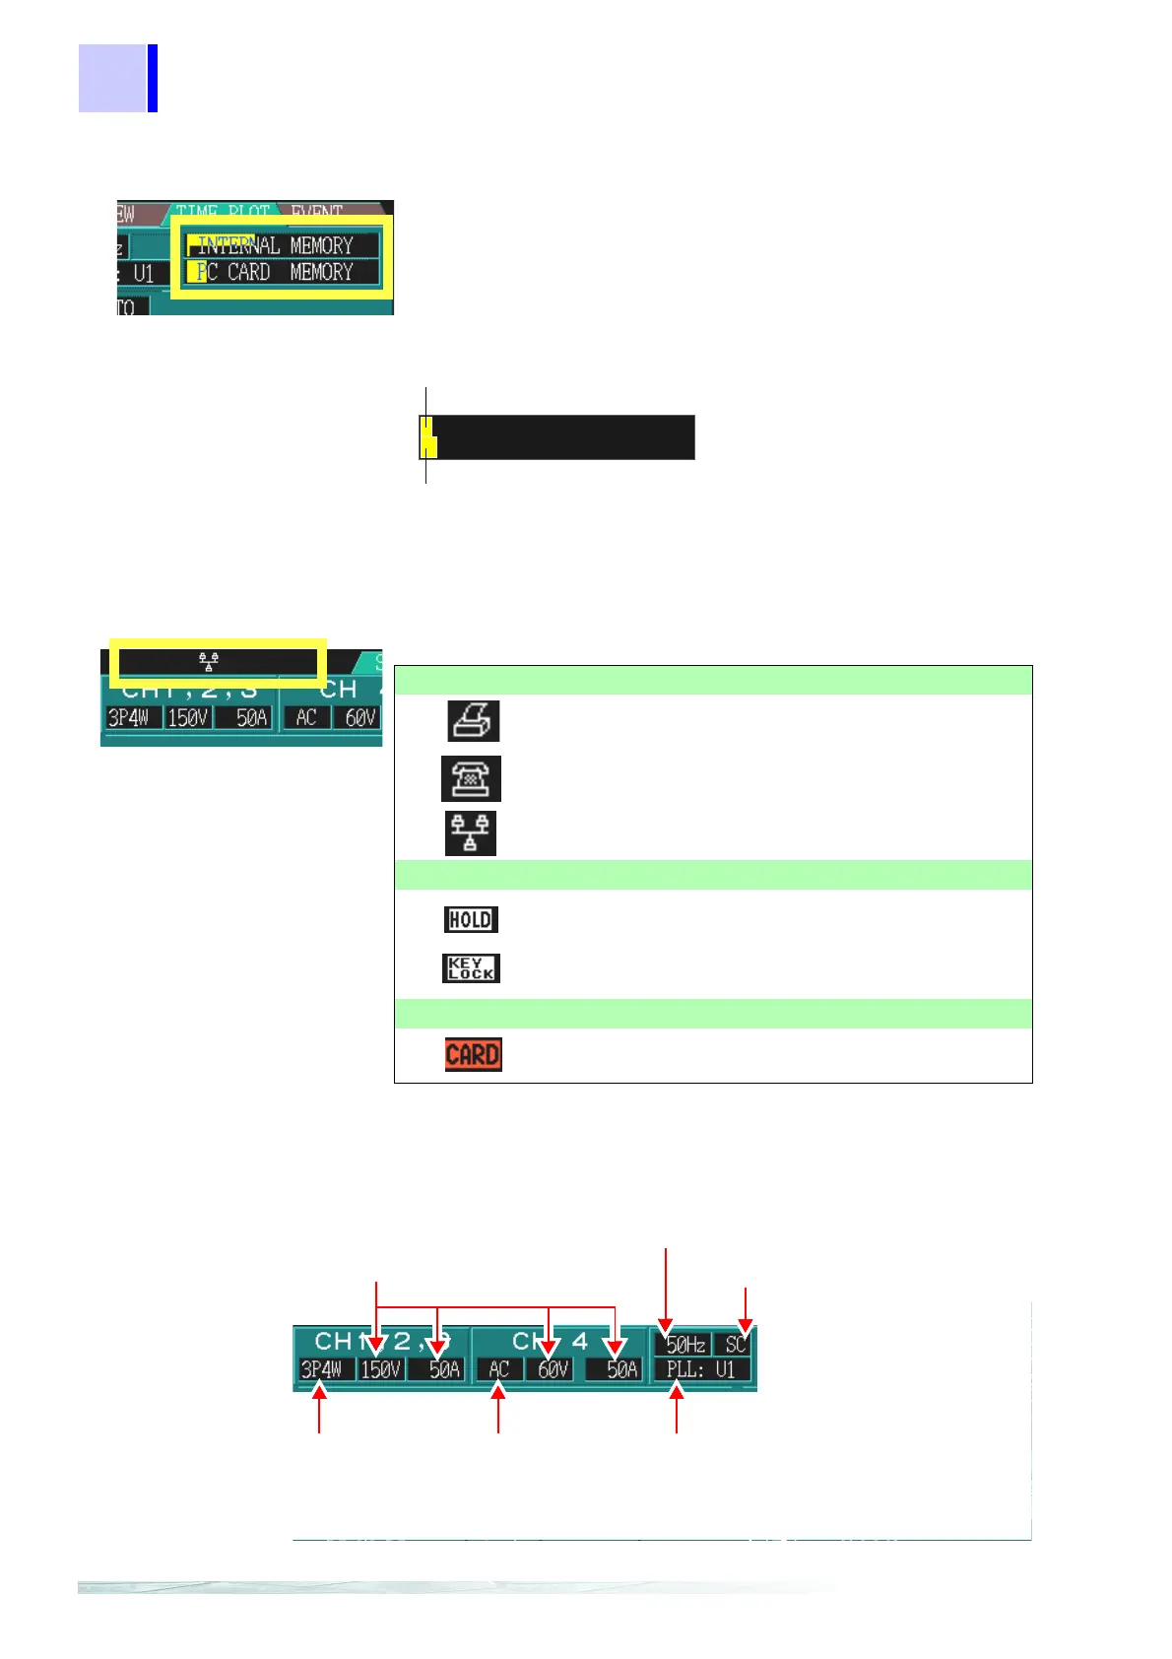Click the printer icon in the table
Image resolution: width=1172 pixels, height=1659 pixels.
(x=474, y=720)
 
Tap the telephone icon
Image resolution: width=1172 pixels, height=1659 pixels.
(x=471, y=778)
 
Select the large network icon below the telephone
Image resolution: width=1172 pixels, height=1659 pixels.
(x=471, y=833)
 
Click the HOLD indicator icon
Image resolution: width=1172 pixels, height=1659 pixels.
(x=471, y=919)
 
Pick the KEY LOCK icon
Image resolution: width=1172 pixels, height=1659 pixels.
(x=471, y=968)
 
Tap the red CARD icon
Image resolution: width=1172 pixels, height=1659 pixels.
(x=473, y=1054)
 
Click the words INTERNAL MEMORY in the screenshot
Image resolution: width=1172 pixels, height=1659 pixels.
(x=275, y=245)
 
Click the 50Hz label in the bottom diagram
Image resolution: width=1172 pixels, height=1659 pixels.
(x=685, y=1345)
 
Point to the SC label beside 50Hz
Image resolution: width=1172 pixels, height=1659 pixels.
(x=735, y=1345)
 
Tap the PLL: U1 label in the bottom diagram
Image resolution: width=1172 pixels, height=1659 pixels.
(x=700, y=1369)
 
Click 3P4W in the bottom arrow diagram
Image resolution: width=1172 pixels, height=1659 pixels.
(x=322, y=1369)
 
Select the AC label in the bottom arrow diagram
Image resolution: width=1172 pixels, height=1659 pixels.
(x=499, y=1369)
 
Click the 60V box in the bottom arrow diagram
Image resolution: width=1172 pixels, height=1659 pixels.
(x=553, y=1369)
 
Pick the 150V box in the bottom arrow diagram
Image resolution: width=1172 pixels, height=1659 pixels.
(x=381, y=1369)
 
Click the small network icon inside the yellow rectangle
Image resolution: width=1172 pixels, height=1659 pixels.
(x=209, y=661)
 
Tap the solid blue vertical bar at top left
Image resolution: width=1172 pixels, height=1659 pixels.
(x=153, y=78)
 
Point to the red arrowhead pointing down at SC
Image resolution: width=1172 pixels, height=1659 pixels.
(x=746, y=1325)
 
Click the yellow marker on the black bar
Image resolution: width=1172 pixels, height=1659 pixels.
(x=428, y=437)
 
